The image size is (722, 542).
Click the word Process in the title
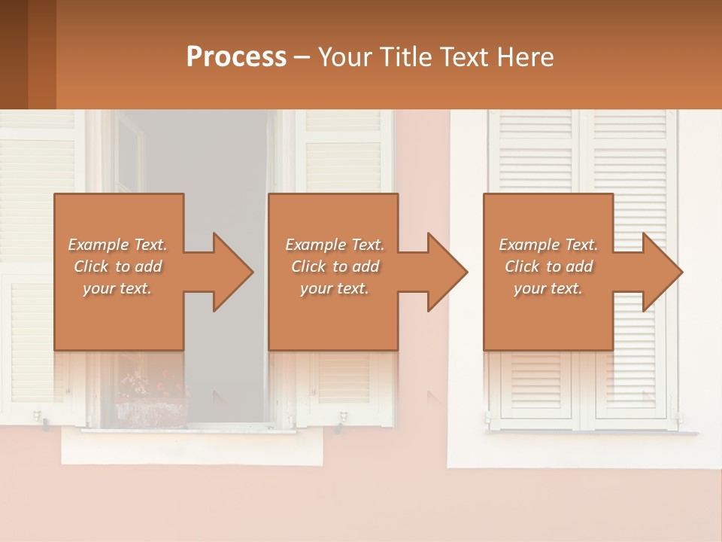coord(236,57)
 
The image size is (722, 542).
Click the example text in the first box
coord(117,266)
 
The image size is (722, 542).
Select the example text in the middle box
coord(334,266)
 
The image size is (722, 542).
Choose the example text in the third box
coord(548,266)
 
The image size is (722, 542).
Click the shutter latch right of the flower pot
coord(343,417)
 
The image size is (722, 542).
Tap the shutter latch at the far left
coord(38,416)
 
